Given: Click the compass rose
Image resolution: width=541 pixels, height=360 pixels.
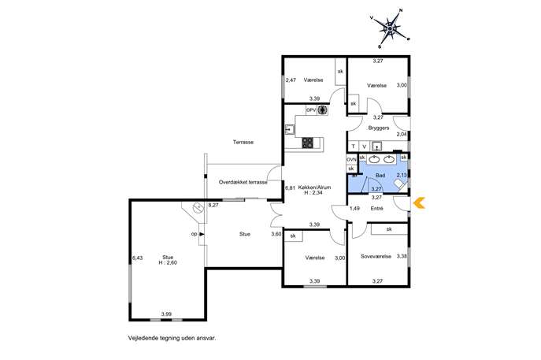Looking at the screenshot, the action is tap(390, 28).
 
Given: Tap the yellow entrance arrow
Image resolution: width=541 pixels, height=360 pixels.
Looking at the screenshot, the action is tap(419, 203).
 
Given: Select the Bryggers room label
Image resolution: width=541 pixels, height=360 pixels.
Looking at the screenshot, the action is tap(379, 128).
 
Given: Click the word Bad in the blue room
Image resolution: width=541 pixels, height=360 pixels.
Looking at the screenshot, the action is tap(380, 176).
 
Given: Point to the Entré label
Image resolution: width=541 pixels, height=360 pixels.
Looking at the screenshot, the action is tap(376, 208).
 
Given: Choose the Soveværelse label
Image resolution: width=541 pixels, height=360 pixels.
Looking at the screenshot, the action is tap(376, 256).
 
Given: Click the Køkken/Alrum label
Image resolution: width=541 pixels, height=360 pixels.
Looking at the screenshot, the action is tap(313, 187).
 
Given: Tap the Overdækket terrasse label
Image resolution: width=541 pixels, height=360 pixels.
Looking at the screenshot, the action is tap(243, 182).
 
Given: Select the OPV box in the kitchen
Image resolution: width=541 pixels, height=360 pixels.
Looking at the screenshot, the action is tap(311, 109).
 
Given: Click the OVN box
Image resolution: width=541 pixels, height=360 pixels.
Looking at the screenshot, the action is tap(351, 160).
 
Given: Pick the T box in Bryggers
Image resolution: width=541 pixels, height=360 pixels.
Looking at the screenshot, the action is tap(353, 147).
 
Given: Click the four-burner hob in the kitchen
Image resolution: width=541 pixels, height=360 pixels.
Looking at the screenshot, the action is tap(308, 143).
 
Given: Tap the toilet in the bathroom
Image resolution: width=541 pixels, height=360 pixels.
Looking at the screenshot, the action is tap(400, 184).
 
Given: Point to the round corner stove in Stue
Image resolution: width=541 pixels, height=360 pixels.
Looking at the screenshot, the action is tap(198, 207).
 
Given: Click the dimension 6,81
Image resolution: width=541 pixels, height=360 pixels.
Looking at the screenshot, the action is tap(290, 188).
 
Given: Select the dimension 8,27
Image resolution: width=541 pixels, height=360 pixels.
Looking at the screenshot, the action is tap(213, 205).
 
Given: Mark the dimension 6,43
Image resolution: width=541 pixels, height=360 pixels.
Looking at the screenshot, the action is tap(137, 258).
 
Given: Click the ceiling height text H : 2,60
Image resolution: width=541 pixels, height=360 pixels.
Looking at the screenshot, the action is tap(168, 262).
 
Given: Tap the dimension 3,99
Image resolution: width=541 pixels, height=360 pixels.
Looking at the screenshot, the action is tap(166, 314).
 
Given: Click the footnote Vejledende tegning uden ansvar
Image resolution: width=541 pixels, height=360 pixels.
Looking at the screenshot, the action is tap(172, 338).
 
